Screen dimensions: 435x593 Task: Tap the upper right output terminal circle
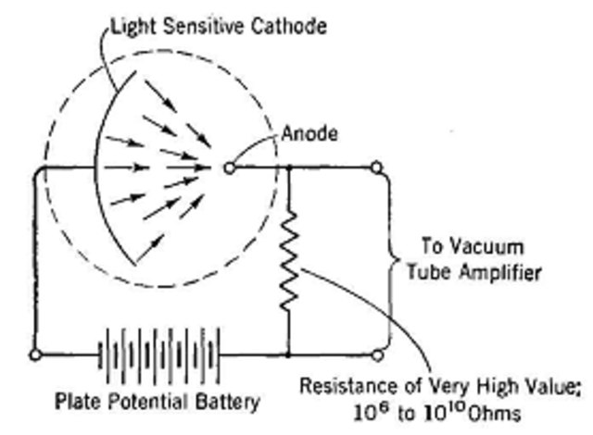click(x=377, y=168)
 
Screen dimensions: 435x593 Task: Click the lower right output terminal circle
click(x=377, y=354)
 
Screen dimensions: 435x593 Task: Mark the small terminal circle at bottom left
click(x=35, y=354)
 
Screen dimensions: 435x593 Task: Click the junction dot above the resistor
click(x=290, y=168)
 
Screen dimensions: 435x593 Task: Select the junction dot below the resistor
click(x=290, y=354)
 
